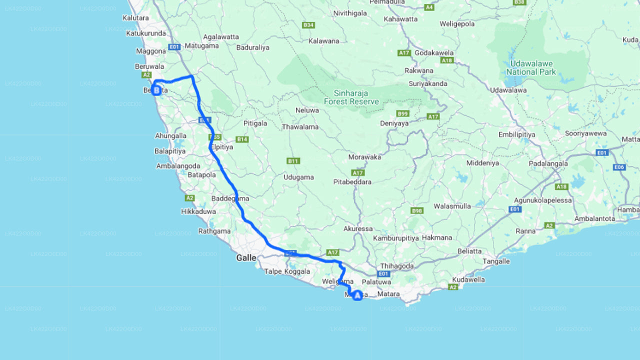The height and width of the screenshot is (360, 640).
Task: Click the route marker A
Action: pyautogui.click(x=357, y=295)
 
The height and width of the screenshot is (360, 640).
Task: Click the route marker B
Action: pyautogui.click(x=156, y=90)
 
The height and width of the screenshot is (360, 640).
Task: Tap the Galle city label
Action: pyautogui.click(x=246, y=258)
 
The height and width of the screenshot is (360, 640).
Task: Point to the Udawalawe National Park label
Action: pyautogui.click(x=531, y=68)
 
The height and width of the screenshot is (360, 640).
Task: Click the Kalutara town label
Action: pyautogui.click(x=135, y=18)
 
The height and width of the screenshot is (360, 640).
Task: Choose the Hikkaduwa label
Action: pyautogui.click(x=198, y=211)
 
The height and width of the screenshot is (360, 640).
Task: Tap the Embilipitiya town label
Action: pyautogui.click(x=516, y=135)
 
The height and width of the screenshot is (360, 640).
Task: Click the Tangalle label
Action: pyautogui.click(x=496, y=261)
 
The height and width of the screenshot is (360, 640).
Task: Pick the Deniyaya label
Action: pyautogui.click(x=394, y=123)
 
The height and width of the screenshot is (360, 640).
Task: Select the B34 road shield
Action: pyautogui.click(x=308, y=25)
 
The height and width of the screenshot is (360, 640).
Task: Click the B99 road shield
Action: pyautogui.click(x=402, y=113)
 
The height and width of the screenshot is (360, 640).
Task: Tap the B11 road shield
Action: pyautogui.click(x=293, y=161)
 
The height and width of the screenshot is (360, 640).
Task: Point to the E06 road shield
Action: pyautogui.click(x=619, y=167)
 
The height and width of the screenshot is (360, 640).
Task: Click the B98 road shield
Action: pyautogui.click(x=417, y=210)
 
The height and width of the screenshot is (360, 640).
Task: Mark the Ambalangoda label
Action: pyautogui.click(x=178, y=166)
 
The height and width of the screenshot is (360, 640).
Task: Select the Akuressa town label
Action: pyautogui.click(x=358, y=229)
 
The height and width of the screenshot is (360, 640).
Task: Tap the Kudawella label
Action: pyautogui.click(x=468, y=279)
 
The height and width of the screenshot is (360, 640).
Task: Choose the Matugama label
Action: pyautogui.click(x=201, y=46)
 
